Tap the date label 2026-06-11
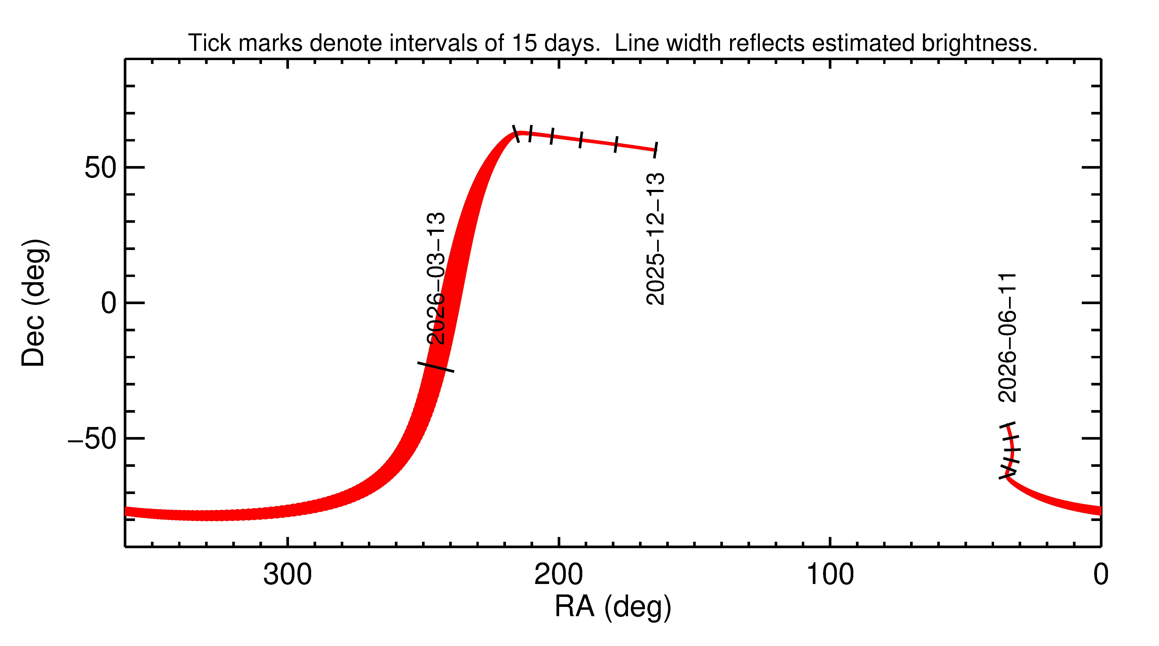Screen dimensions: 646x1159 tap(1007, 338)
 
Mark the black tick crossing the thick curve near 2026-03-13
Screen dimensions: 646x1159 tap(436, 367)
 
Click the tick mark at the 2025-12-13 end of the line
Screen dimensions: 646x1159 tap(655, 150)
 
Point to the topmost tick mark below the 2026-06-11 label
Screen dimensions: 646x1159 tap(1007, 425)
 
